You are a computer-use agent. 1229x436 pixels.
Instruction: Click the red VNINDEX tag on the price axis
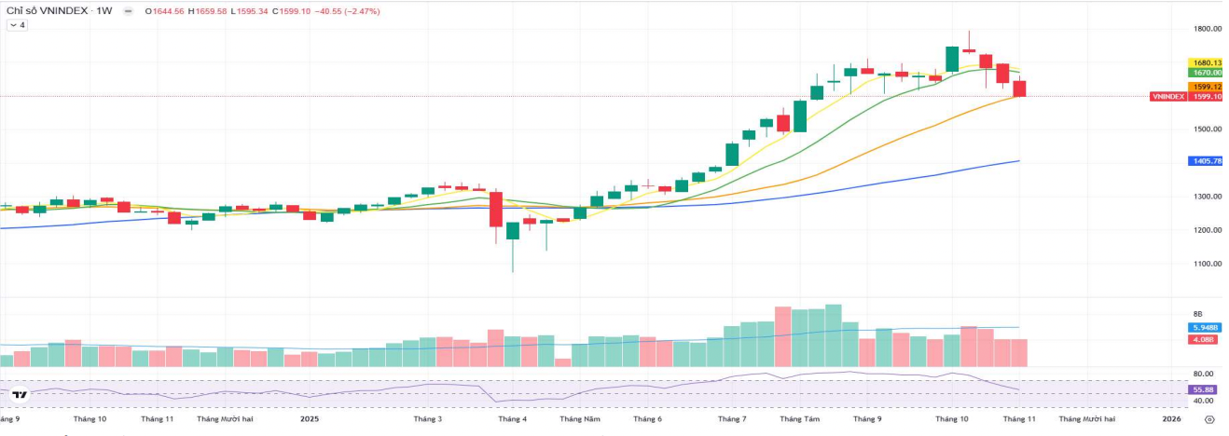pos(1168,96)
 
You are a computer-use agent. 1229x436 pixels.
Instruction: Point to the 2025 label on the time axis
pos(310,419)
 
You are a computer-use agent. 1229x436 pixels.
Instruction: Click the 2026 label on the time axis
pos(1172,419)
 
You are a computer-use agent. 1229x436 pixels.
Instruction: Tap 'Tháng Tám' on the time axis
pos(799,419)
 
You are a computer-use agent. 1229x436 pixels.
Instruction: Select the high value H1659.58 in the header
pos(208,10)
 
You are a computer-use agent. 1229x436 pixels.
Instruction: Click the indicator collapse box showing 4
pos(18,25)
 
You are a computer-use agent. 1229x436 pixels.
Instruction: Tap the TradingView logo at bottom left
pos(20,395)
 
